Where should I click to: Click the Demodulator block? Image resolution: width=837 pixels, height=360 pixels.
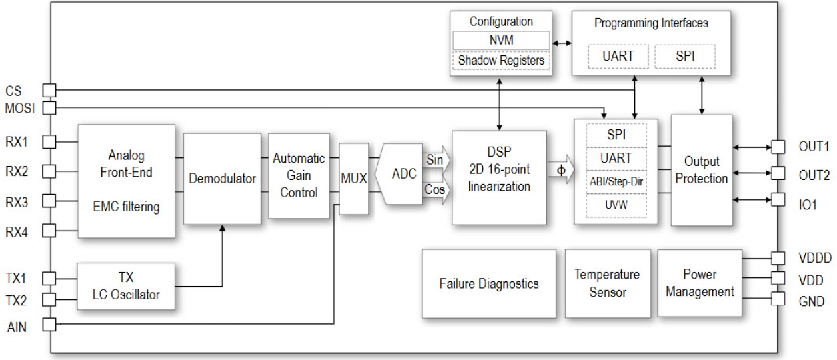[x=222, y=178]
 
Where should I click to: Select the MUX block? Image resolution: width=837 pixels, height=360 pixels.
[x=353, y=178]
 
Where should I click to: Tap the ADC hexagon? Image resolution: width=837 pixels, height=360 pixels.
[x=405, y=175]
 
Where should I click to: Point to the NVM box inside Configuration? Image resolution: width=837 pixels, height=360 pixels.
[x=500, y=40]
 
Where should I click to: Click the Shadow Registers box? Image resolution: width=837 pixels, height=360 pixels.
[x=500, y=60]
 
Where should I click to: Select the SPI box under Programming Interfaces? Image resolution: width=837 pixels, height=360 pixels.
[x=684, y=57]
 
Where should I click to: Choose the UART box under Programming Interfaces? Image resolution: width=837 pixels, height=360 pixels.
[x=619, y=57]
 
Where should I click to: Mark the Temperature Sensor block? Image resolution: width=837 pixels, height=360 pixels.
[x=607, y=283]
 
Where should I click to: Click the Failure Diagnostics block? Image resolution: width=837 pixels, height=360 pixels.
[x=489, y=283]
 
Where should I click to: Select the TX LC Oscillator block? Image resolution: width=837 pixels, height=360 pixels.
[x=126, y=285]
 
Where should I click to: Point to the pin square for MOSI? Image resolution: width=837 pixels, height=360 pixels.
[x=50, y=107]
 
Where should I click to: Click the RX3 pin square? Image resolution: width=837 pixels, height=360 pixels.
[x=50, y=201]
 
